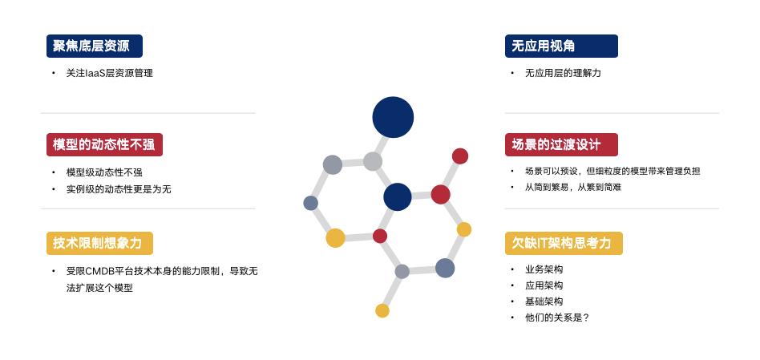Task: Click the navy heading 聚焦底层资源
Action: click(94, 46)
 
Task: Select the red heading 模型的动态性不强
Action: click(103, 145)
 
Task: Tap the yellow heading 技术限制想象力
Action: click(99, 243)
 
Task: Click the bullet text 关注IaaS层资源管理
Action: click(109, 73)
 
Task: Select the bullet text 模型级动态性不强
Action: click(104, 172)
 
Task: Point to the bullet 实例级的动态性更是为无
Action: click(119, 189)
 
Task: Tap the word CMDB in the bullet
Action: click(100, 271)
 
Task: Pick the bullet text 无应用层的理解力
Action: click(563, 73)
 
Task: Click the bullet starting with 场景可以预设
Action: click(612, 171)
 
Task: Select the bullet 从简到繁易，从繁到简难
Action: click(573, 187)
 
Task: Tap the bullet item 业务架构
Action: click(544, 269)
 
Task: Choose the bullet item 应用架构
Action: click(544, 285)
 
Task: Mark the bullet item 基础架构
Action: click(544, 301)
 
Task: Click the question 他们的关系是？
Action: click(557, 318)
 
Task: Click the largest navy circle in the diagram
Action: click(393, 117)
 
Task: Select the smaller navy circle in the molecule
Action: click(397, 196)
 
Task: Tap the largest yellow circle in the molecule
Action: click(335, 237)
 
